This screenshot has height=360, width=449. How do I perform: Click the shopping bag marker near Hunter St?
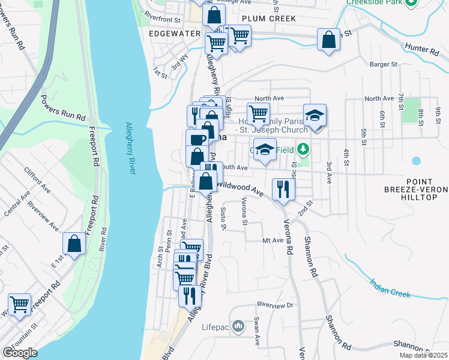point(328,40)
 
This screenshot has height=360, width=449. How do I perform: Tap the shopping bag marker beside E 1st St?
point(74,244)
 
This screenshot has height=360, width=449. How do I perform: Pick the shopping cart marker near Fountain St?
point(19,304)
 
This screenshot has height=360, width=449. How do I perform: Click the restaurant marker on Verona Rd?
point(283,190)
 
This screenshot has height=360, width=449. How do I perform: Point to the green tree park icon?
point(304,148)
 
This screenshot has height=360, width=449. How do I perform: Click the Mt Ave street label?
point(273,240)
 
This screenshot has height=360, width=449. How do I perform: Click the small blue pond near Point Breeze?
point(417,161)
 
